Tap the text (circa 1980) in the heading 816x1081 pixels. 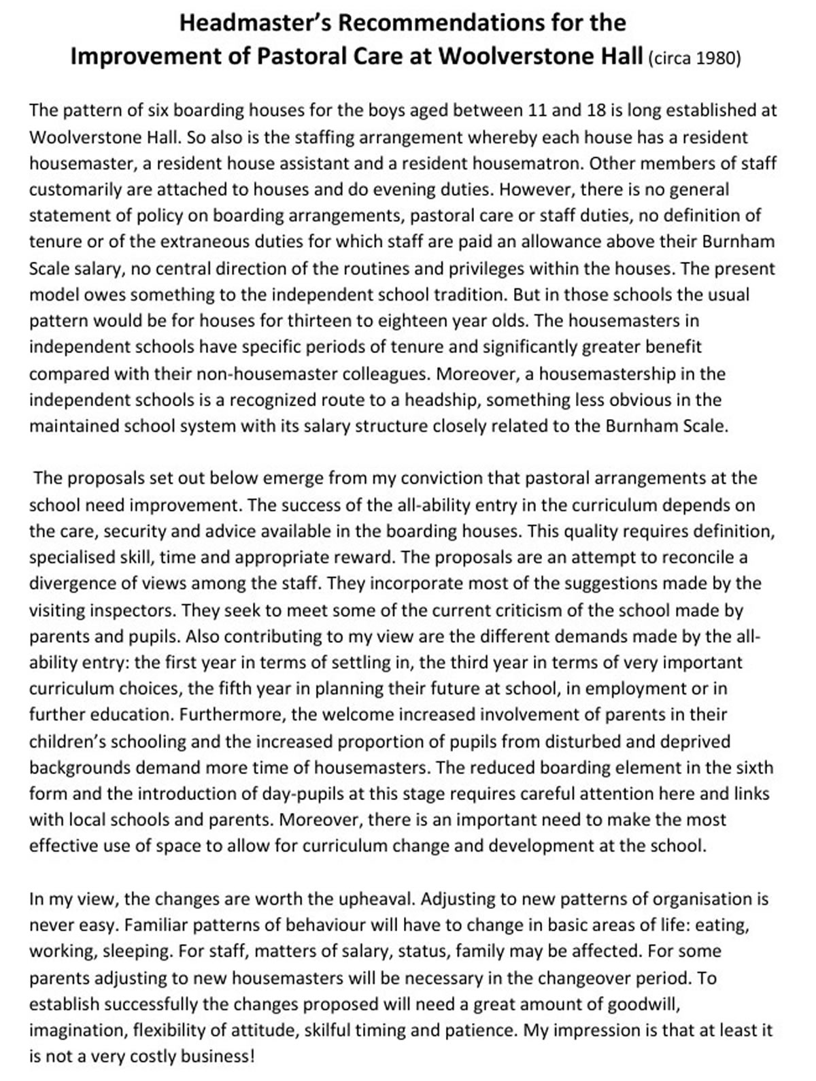(x=694, y=58)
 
